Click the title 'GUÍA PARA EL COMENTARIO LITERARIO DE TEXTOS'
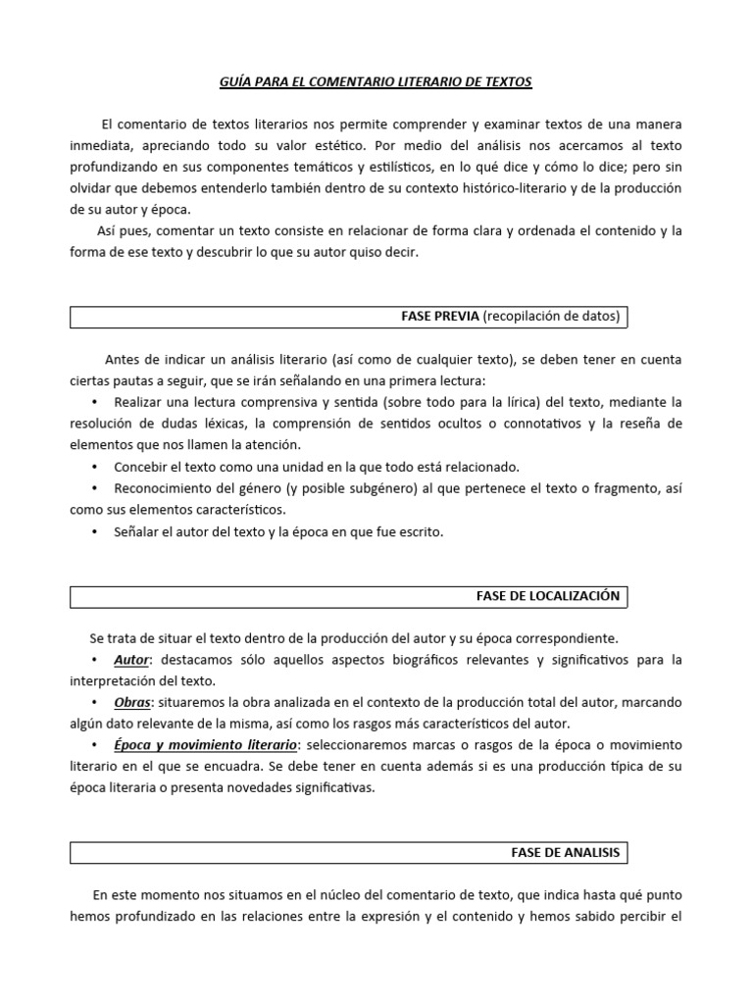[376, 82]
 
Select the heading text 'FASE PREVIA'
[440, 317]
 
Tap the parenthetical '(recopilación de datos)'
[552, 317]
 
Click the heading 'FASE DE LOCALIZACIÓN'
[548, 595]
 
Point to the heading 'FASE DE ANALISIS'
[566, 852]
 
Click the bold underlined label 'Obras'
[132, 703]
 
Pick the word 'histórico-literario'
[501, 186]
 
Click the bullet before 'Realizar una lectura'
[94, 403]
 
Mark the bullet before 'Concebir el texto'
[94, 467]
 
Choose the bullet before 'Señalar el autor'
[94, 532]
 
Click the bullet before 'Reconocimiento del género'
[94, 488]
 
